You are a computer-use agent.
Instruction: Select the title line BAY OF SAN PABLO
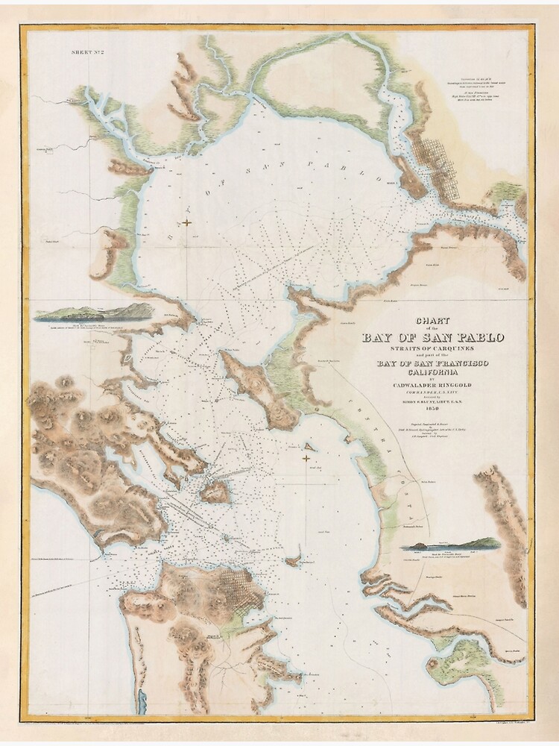click(433, 337)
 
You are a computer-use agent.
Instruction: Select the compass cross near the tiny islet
click(306, 457)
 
